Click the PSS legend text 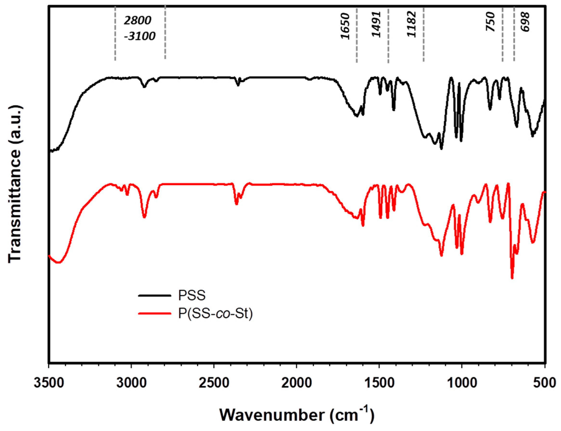[x=192, y=295]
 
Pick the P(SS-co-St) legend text [x=215, y=313]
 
